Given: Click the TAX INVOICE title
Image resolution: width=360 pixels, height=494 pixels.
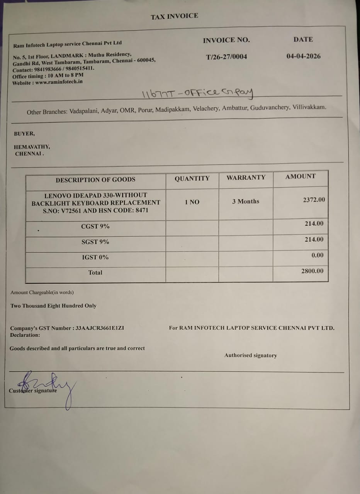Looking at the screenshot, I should (174, 16).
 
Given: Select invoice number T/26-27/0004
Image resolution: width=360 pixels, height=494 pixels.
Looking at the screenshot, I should (226, 57).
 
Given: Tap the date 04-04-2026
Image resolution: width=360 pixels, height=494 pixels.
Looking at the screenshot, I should (303, 56).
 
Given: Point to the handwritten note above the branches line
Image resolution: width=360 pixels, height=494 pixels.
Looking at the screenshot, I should (197, 93).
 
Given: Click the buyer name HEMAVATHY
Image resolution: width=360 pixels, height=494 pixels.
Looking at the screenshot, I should (32, 147).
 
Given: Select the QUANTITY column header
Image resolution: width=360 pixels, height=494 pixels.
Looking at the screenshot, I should (192, 179).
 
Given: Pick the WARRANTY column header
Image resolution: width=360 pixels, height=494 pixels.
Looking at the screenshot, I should (246, 178).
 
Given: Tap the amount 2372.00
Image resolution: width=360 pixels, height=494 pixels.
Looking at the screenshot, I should (314, 200).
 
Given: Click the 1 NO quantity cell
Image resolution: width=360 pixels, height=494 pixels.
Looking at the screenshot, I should (192, 202).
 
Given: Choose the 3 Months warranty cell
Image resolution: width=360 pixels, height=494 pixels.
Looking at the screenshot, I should (246, 201).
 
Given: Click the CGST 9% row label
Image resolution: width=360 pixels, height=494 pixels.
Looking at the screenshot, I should (95, 227).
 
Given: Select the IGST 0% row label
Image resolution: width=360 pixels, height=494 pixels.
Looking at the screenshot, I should (95, 257).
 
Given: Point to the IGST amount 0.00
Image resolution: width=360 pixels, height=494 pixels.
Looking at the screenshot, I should (317, 255).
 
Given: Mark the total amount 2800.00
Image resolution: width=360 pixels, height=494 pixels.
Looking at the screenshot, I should (312, 271).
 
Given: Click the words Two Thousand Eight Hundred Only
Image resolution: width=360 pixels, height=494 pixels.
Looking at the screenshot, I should (53, 306).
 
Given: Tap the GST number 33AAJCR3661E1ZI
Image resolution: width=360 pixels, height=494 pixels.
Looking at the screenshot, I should (100, 328).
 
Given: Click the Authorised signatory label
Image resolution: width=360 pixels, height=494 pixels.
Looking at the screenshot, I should (250, 355).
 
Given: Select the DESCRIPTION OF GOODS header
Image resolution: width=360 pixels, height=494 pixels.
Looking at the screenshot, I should (95, 179).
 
